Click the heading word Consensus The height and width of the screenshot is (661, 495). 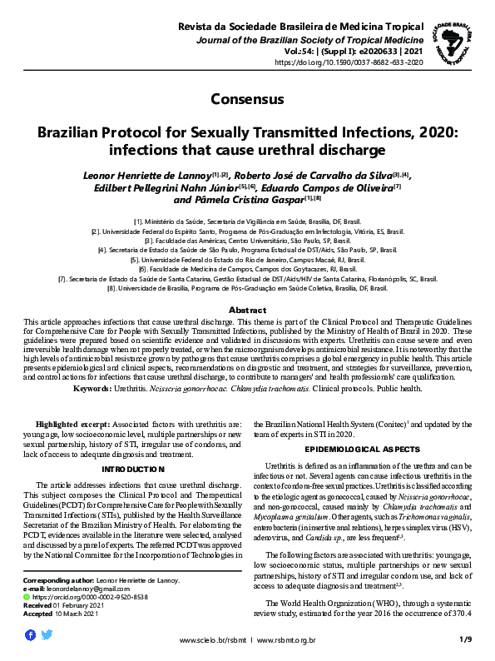pos(247,99)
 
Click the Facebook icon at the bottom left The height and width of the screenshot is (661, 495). pos(31,634)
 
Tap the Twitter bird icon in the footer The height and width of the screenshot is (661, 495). pos(47,634)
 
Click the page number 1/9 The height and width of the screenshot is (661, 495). pos(465,639)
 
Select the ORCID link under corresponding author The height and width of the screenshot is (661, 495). pos(80,597)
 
